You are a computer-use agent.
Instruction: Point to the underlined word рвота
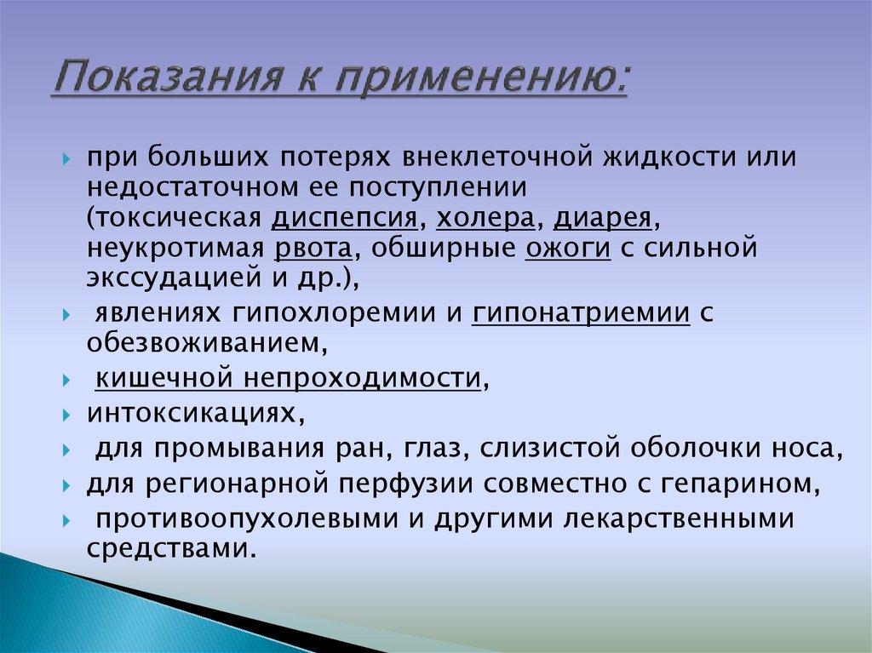coord(313,249)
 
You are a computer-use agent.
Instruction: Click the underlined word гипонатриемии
coord(582,312)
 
